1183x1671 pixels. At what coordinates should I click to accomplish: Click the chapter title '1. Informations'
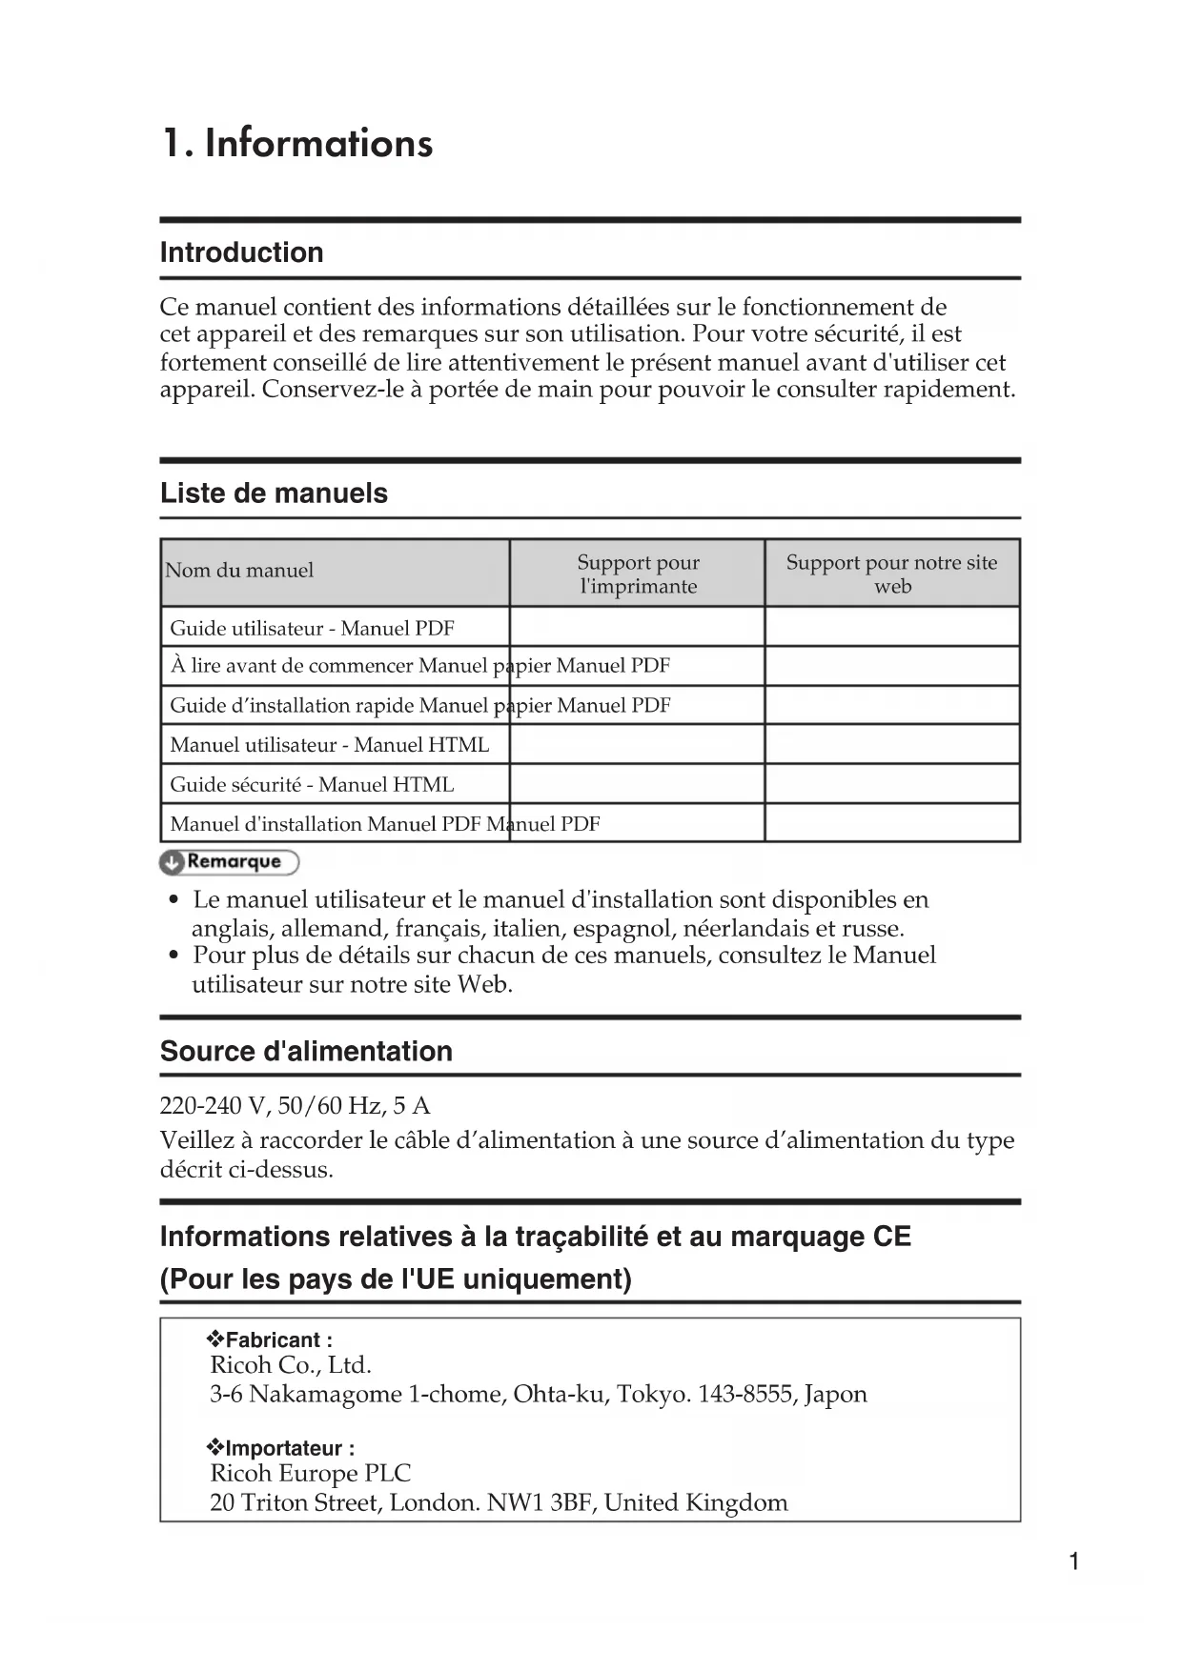pyautogui.click(x=297, y=144)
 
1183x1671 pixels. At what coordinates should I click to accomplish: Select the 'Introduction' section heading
pyautogui.click(x=241, y=252)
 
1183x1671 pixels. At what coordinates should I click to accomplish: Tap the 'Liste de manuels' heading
pyautogui.click(x=274, y=493)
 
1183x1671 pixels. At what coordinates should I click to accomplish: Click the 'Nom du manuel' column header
pyautogui.click(x=239, y=571)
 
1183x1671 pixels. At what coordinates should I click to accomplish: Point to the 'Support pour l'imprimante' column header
pyautogui.click(x=638, y=574)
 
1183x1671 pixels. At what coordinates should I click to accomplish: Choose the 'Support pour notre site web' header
pyautogui.click(x=891, y=574)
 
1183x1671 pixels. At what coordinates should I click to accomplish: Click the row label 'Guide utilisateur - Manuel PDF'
pyautogui.click(x=312, y=629)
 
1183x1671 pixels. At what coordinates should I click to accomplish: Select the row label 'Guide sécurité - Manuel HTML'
pyautogui.click(x=312, y=785)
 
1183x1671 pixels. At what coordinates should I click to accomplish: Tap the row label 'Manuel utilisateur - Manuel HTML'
pyautogui.click(x=329, y=745)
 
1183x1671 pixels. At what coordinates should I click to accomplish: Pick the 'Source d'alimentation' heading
pyautogui.click(x=306, y=1052)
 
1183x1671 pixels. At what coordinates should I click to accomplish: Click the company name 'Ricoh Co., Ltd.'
pyautogui.click(x=291, y=1366)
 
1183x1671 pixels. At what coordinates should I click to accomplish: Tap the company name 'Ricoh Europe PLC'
pyautogui.click(x=310, y=1474)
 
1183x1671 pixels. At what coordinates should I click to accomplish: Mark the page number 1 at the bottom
pyautogui.click(x=1074, y=1561)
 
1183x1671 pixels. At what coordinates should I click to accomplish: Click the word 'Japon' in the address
pyautogui.click(x=835, y=1395)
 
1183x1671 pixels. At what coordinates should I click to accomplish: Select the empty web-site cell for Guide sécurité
pyautogui.click(x=891, y=784)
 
